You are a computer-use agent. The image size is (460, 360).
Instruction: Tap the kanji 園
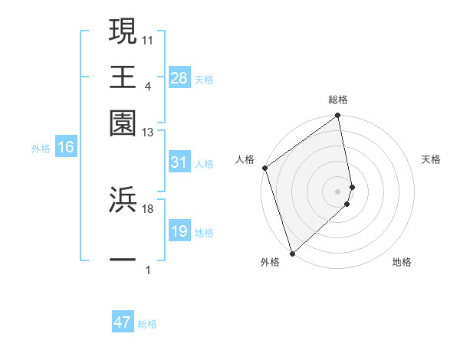coord(123,123)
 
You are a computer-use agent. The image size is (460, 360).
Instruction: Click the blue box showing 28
coord(179,78)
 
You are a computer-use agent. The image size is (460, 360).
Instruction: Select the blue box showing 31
coord(179,162)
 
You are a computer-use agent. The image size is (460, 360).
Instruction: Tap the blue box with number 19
coord(179,231)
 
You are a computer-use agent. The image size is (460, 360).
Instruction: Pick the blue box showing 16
coord(65,147)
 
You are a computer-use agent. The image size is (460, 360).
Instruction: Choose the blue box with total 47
coord(123,322)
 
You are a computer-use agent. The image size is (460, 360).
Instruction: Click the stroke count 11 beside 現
coord(147,39)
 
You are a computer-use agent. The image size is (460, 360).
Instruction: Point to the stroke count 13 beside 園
coord(147,133)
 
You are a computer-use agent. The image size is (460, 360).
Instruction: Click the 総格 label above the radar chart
coord(338,100)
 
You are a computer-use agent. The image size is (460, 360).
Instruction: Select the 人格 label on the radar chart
coord(245,159)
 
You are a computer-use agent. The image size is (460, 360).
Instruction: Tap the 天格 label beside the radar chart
coord(431,159)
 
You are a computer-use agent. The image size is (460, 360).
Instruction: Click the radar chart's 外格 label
coord(270,262)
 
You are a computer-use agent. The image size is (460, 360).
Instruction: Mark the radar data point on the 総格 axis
coord(338,116)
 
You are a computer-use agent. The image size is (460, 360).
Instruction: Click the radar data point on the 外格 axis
coord(292,253)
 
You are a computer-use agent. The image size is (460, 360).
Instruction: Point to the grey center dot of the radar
coord(338,191)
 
